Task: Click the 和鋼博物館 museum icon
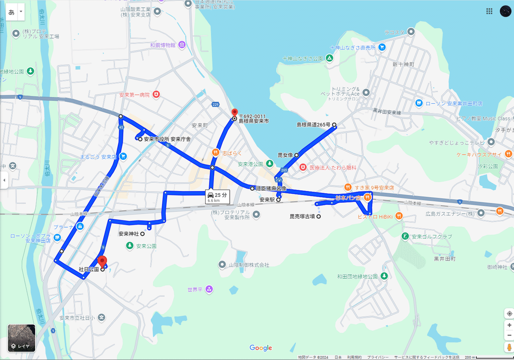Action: (182, 45)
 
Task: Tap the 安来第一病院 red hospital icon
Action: (156, 94)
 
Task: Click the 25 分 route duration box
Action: (218, 197)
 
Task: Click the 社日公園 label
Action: (89, 270)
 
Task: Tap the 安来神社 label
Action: (128, 234)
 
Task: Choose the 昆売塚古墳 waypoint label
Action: (302, 216)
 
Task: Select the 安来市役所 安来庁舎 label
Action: (167, 139)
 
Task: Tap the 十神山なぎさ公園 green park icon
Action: (329, 58)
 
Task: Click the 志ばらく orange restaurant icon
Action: (215, 152)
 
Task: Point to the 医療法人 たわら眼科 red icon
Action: (303, 167)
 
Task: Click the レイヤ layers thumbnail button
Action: (21, 338)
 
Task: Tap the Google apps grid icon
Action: (489, 12)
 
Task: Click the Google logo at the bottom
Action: (261, 348)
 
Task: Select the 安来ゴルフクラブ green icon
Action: (405, 236)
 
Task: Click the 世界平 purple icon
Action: (209, 290)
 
